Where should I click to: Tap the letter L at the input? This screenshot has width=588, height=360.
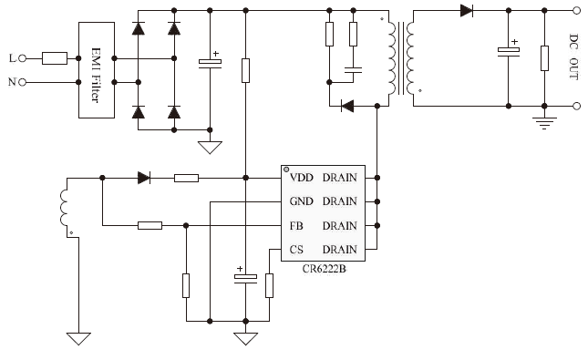tap(12, 58)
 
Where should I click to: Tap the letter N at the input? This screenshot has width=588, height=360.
tap(12, 82)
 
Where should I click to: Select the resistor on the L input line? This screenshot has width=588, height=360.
tap(54, 58)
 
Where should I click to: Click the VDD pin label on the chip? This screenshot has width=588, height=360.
tap(302, 178)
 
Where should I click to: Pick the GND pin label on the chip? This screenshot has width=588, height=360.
tap(302, 201)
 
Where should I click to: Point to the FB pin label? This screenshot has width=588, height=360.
tap(297, 225)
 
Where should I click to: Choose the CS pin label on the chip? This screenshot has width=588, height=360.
tap(297, 249)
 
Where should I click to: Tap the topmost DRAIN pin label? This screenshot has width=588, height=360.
tap(340, 178)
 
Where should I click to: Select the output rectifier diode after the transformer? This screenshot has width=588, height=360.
tap(467, 11)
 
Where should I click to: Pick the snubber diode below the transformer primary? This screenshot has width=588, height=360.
tap(346, 106)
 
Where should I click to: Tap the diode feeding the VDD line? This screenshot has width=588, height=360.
tap(144, 178)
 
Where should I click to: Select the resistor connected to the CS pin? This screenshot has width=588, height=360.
tap(269, 285)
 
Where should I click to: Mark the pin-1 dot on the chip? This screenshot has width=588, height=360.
tap(285, 170)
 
